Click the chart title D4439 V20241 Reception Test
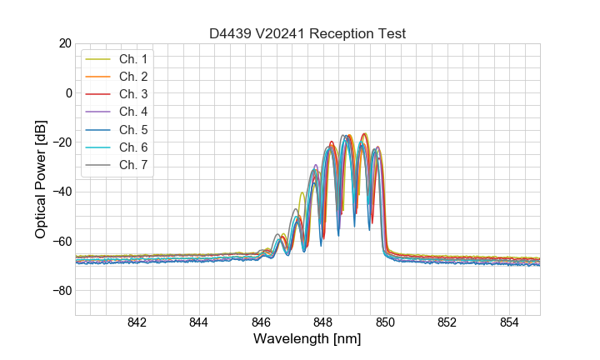307,33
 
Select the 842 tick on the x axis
137,323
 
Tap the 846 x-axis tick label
261,323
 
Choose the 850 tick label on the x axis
385,323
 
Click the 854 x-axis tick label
509,323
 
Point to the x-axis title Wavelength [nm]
307,340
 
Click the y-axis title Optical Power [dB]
41,179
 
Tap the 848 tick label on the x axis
323,323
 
